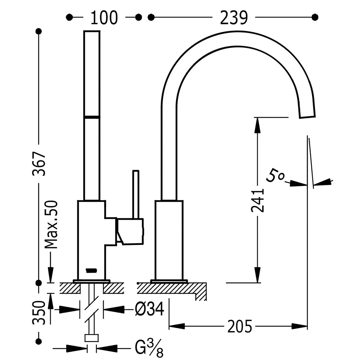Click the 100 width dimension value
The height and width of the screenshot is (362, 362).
[x=104, y=18]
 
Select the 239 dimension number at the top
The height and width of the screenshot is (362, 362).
[x=234, y=18]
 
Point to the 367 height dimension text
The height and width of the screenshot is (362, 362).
[x=39, y=164]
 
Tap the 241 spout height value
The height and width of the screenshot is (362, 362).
[x=257, y=200]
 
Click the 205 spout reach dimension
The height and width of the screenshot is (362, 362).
[x=240, y=327]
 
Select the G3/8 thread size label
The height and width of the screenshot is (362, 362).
[x=149, y=348]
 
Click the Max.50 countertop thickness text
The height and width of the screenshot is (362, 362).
[x=51, y=225]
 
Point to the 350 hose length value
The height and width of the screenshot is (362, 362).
[x=39, y=312]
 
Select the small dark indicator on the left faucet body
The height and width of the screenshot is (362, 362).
[x=91, y=270]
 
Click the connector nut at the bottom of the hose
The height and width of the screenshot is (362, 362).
[x=92, y=338]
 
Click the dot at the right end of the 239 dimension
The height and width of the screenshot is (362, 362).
[x=315, y=17]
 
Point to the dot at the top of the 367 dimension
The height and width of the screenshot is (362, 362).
[x=39, y=31]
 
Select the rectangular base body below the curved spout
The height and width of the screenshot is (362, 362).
[x=169, y=240]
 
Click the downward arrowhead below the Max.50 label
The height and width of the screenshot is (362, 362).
[x=51, y=275]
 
